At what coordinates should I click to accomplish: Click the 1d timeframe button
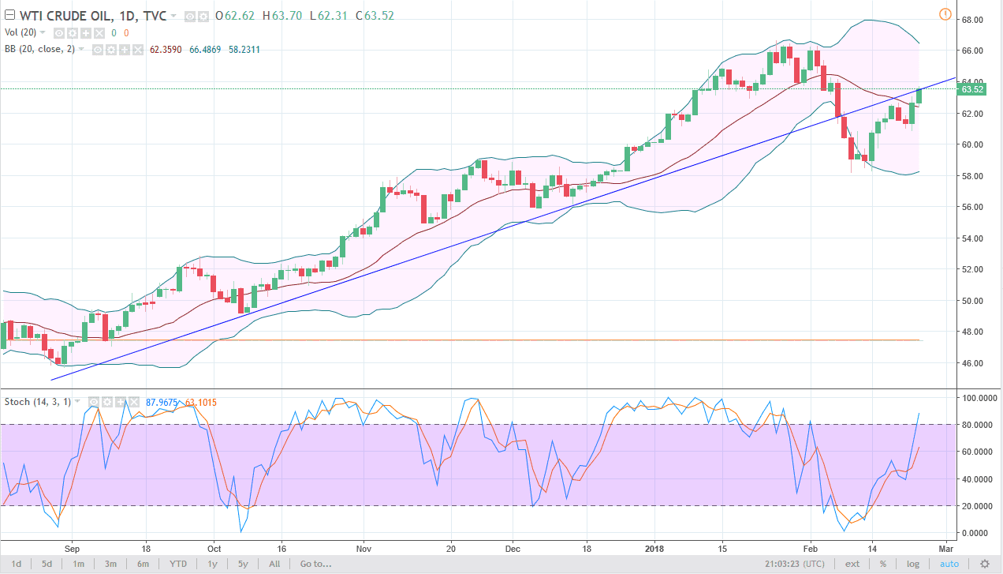[17, 564]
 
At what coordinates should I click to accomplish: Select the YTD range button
[178, 564]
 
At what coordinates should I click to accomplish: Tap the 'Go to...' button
[315, 564]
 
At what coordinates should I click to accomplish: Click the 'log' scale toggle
[912, 564]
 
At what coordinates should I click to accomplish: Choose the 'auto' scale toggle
[949, 564]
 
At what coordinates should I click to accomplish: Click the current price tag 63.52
[971, 90]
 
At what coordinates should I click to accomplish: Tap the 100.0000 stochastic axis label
[975, 398]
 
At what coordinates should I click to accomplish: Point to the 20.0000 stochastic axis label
[975, 506]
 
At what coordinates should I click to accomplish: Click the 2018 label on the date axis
[655, 547]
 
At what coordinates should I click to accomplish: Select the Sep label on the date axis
[72, 547]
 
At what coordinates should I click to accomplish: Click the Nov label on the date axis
[364, 547]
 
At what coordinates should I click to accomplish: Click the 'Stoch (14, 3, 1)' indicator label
[38, 402]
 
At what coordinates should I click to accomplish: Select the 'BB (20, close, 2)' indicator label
[45, 49]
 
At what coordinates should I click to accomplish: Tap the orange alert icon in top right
[945, 14]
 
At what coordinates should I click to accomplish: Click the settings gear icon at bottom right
[984, 564]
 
